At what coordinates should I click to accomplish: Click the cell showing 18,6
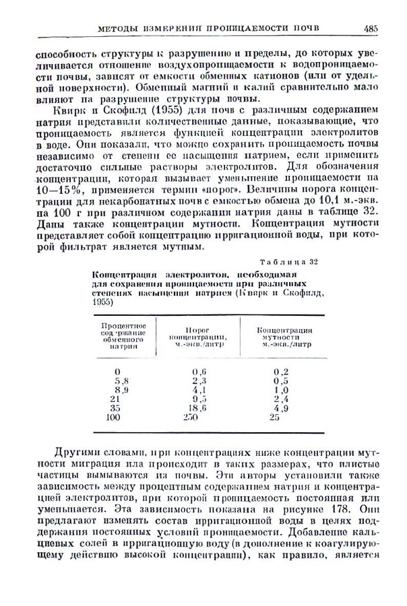pyautogui.click(x=197, y=408)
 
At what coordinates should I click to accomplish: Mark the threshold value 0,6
pyautogui.click(x=198, y=372)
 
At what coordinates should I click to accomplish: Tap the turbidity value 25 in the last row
pyautogui.click(x=274, y=417)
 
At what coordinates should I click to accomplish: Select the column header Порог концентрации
pyautogui.click(x=197, y=337)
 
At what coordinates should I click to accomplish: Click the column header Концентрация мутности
pyautogui.click(x=284, y=337)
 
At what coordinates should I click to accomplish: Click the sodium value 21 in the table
pyautogui.click(x=115, y=399)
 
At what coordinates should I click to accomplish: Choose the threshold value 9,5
pyautogui.click(x=198, y=399)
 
